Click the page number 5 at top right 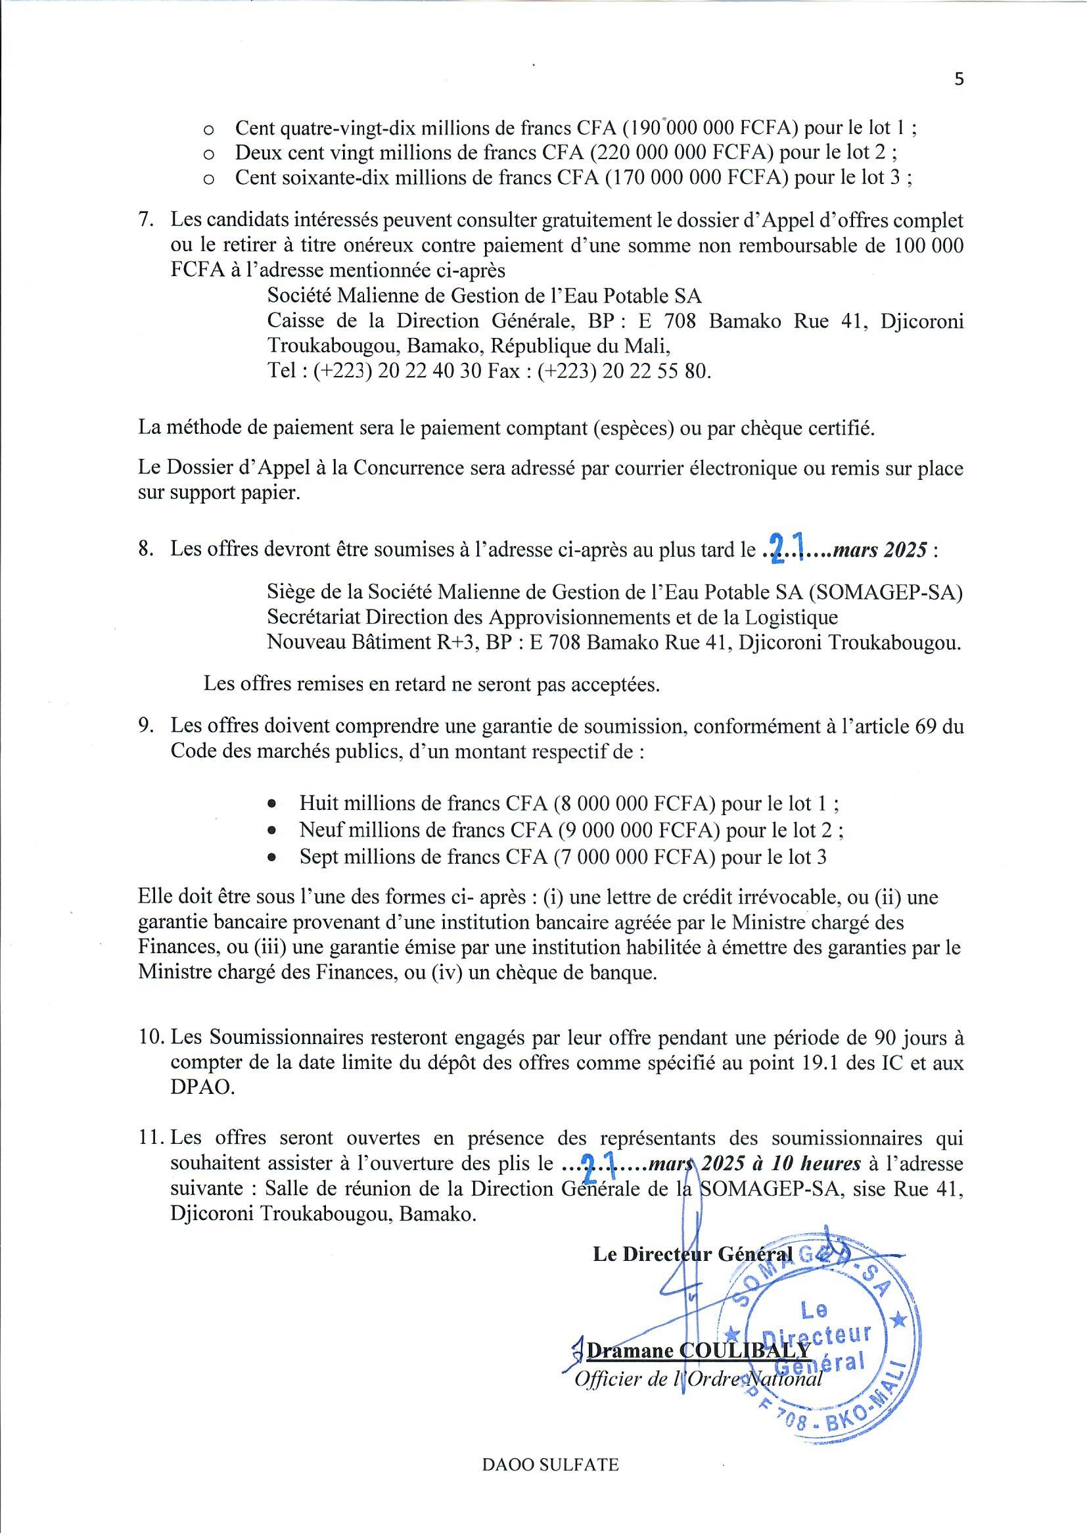[x=959, y=80]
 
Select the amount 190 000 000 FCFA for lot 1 [x=697, y=127]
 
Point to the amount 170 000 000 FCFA [x=697, y=178]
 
